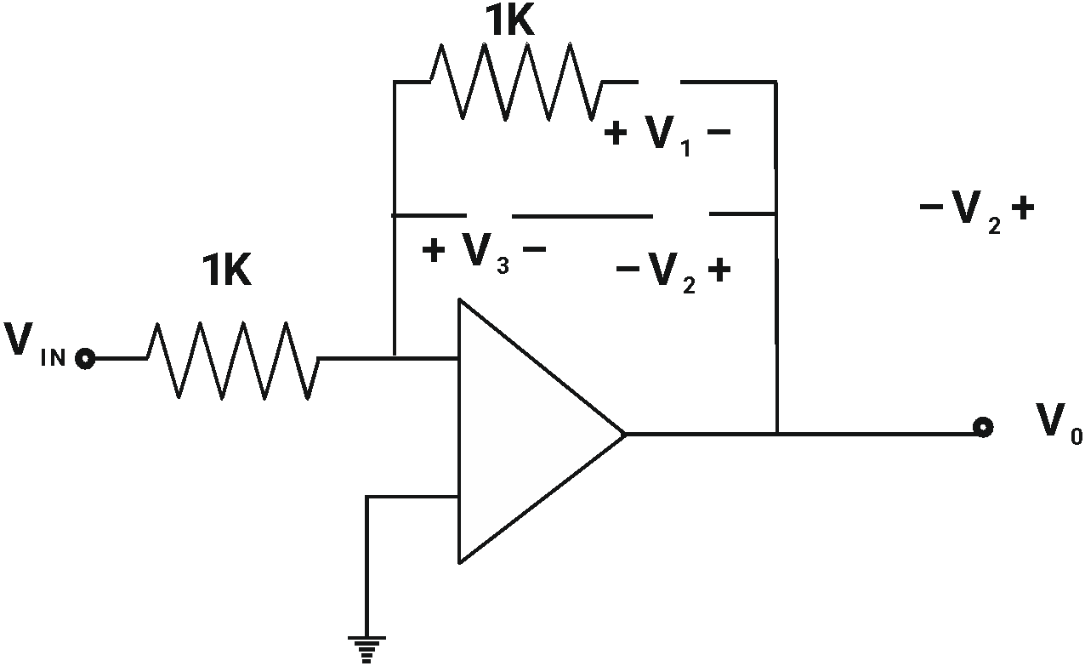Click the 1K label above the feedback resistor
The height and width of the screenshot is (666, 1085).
pos(509,20)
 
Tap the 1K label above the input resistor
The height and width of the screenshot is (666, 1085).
pos(227,271)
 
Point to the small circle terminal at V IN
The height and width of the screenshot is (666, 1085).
pos(84,359)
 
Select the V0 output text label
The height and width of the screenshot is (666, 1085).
pos(1059,423)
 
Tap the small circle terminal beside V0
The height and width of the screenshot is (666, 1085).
pos(983,427)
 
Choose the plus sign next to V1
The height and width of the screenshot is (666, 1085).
pos(616,134)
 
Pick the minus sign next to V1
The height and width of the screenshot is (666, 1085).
pos(719,133)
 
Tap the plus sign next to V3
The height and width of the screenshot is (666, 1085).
pos(433,251)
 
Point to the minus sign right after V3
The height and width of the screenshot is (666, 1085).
pos(534,250)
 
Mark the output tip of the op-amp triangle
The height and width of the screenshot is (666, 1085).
pos(620,433)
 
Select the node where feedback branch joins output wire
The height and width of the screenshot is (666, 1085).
pos(777,433)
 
